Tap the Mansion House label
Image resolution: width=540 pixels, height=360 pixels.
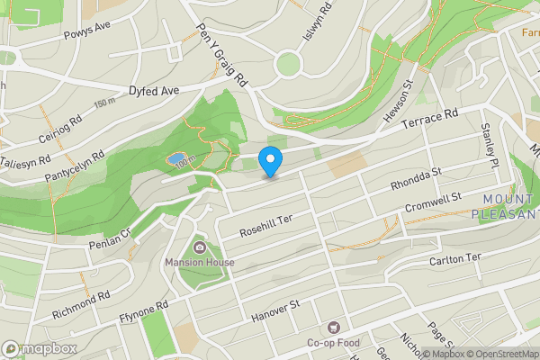click(199, 263)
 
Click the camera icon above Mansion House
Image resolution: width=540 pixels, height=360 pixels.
click(199, 247)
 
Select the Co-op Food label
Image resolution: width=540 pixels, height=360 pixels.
click(334, 343)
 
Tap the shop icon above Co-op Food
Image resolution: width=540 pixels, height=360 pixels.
click(335, 328)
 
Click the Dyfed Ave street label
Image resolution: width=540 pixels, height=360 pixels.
click(154, 91)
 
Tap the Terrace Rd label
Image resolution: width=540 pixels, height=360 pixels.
click(430, 120)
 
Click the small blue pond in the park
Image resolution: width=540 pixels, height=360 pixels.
click(173, 159)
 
